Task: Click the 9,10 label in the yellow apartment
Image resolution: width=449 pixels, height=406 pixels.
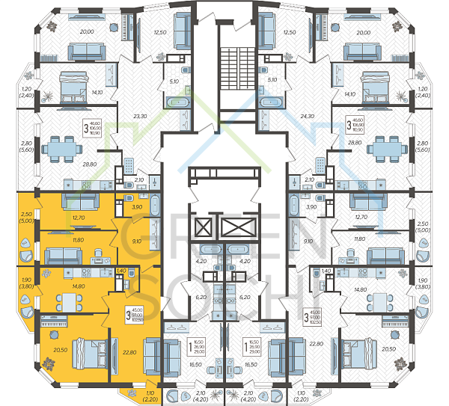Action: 137,241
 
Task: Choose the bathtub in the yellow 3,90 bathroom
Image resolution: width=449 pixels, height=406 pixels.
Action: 154,206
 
